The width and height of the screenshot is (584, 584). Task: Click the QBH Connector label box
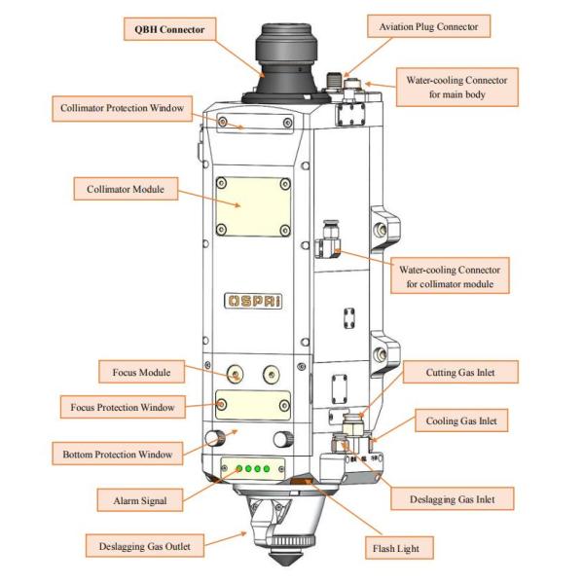coord(169,30)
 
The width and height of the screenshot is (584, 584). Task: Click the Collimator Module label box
coord(127,189)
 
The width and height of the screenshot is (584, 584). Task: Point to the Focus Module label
coord(141,372)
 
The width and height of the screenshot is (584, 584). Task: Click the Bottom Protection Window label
coord(117,454)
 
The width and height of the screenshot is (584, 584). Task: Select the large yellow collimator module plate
coord(252,206)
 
